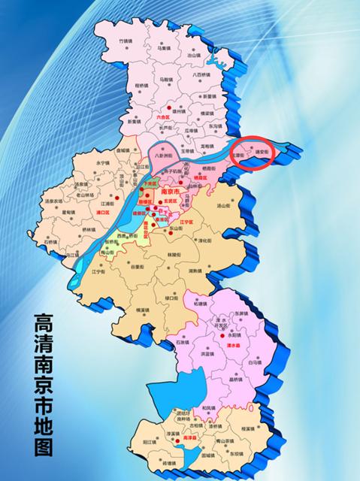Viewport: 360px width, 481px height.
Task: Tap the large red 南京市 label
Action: [174, 192]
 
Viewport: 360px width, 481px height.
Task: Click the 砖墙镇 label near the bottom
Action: [174, 463]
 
